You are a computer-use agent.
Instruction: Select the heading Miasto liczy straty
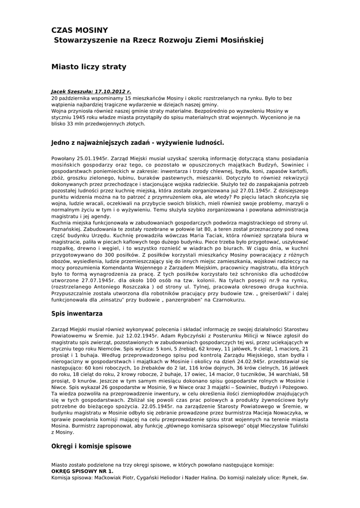[89, 66]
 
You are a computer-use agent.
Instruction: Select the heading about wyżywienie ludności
[138, 143]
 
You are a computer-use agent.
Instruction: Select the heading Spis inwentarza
[77, 314]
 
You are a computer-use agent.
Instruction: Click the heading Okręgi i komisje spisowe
[91, 446]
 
